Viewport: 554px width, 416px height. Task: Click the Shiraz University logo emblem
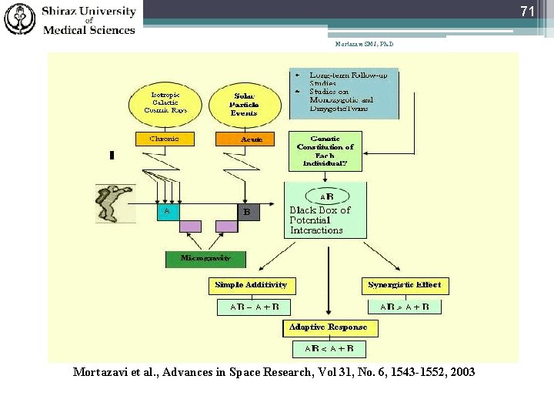click(20, 19)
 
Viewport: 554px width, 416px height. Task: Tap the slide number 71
click(526, 12)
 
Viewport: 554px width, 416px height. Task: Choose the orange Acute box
click(250, 139)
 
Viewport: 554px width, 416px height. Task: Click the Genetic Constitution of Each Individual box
click(325, 151)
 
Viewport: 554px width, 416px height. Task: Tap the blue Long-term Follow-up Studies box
click(344, 93)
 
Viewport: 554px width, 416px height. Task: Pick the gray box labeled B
click(249, 212)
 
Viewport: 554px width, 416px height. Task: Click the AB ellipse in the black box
click(327, 196)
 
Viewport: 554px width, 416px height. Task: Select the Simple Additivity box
click(251, 285)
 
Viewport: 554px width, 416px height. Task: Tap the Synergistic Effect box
click(405, 285)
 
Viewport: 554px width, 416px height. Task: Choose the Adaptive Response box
click(328, 327)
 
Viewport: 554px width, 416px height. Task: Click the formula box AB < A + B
click(329, 348)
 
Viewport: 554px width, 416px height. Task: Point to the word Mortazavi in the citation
click(103, 372)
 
